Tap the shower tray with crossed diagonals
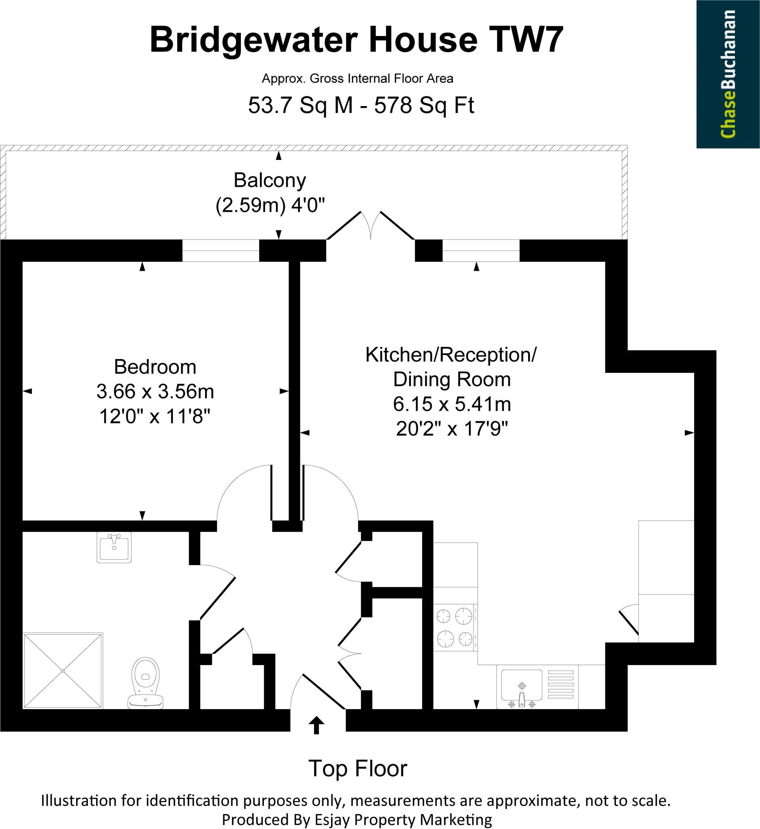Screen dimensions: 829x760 click(x=63, y=671)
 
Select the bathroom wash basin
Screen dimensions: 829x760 click(x=114, y=547)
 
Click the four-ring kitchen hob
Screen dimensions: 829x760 click(x=455, y=627)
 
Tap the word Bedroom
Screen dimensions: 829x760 click(x=155, y=367)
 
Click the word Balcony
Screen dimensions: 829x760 click(x=270, y=180)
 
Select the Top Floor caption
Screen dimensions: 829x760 click(x=357, y=769)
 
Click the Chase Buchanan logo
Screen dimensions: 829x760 click(x=728, y=74)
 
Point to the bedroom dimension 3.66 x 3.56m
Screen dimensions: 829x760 click(x=155, y=392)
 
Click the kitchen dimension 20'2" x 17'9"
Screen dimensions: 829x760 click(x=452, y=429)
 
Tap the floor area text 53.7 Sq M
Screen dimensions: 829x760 click(x=301, y=105)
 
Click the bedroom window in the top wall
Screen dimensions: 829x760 click(x=221, y=250)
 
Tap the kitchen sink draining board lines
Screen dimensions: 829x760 click(x=560, y=684)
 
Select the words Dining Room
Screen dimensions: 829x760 click(x=452, y=379)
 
